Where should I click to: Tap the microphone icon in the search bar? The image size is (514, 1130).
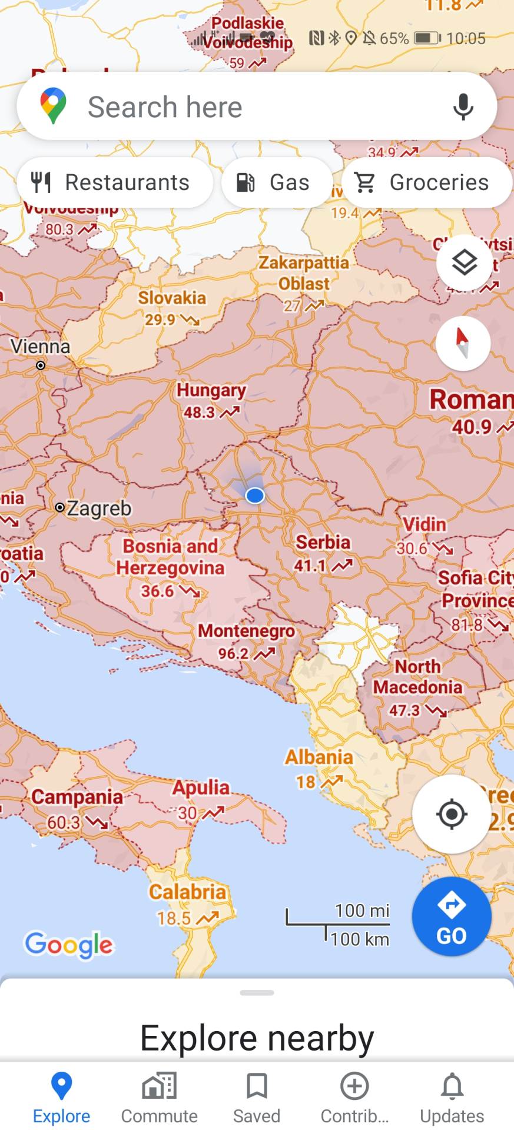tap(463, 107)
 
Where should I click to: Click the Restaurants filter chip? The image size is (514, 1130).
tap(115, 182)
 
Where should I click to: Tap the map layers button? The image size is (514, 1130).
tap(464, 262)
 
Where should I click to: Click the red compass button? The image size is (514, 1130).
tap(463, 343)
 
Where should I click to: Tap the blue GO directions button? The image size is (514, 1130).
tap(452, 916)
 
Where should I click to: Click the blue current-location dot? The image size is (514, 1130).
tap(255, 496)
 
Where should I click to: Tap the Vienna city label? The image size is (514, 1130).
tap(40, 347)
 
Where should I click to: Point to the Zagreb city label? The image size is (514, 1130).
tap(98, 508)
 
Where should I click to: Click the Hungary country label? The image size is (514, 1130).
tap(211, 390)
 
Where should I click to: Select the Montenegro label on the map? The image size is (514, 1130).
tap(246, 631)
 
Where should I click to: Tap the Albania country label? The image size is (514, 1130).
tap(319, 757)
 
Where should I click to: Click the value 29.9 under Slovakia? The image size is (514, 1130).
tap(160, 320)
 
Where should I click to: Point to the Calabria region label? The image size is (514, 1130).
tap(187, 892)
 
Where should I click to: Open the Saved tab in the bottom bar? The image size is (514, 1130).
tap(257, 1098)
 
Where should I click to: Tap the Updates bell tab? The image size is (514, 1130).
tap(452, 1098)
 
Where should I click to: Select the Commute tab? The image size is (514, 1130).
tap(159, 1098)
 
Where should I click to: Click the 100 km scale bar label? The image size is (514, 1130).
tap(360, 939)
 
